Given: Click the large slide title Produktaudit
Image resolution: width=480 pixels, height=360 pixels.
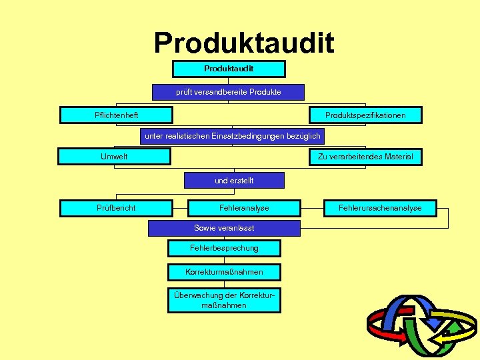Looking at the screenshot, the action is [x=244, y=43].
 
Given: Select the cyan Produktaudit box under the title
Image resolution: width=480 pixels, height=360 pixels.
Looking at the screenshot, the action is [x=229, y=69].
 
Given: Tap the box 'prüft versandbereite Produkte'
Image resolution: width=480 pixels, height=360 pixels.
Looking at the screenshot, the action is [x=228, y=92].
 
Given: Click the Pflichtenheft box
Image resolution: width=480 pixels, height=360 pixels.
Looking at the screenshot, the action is [x=116, y=115].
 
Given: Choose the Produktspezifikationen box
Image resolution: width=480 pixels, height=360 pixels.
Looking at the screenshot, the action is [x=365, y=115].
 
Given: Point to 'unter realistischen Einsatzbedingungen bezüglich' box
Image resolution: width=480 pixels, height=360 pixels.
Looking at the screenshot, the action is [x=232, y=136].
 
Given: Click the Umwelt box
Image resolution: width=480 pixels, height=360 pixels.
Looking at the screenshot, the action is [x=114, y=157].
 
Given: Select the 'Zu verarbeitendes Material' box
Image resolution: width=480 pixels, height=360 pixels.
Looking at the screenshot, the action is [x=365, y=157].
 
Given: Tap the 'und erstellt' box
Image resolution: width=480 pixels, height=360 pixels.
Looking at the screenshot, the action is [x=234, y=180].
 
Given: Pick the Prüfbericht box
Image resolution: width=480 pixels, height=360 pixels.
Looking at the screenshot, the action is [x=116, y=208].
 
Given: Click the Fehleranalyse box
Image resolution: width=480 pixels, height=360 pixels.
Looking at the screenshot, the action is [x=244, y=208].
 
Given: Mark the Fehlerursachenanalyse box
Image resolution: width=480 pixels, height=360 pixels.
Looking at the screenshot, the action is [x=380, y=208].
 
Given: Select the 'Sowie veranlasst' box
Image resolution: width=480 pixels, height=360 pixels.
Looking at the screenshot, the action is [x=224, y=228].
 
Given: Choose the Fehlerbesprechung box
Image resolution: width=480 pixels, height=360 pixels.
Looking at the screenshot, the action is [x=224, y=248].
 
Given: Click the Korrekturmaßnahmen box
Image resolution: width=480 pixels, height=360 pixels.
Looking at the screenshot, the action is [x=224, y=272].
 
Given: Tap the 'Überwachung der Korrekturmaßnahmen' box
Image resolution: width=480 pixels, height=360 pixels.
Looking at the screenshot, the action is [x=224, y=300].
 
